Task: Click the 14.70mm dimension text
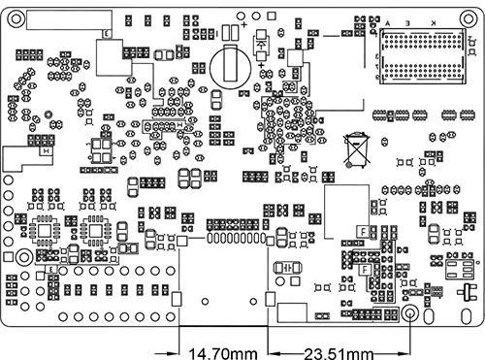click(221, 350)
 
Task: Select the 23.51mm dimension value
click(338, 350)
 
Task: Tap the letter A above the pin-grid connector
click(388, 22)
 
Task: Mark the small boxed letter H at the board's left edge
click(44, 149)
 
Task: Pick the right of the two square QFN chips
click(95, 231)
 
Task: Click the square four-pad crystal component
click(100, 149)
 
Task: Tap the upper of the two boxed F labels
click(362, 229)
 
